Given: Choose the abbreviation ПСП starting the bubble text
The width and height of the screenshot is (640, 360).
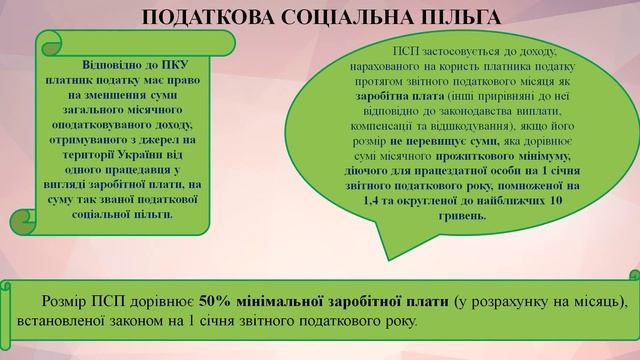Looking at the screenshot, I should pos(382,51).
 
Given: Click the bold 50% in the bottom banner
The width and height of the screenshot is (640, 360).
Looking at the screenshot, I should pos(216,301).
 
